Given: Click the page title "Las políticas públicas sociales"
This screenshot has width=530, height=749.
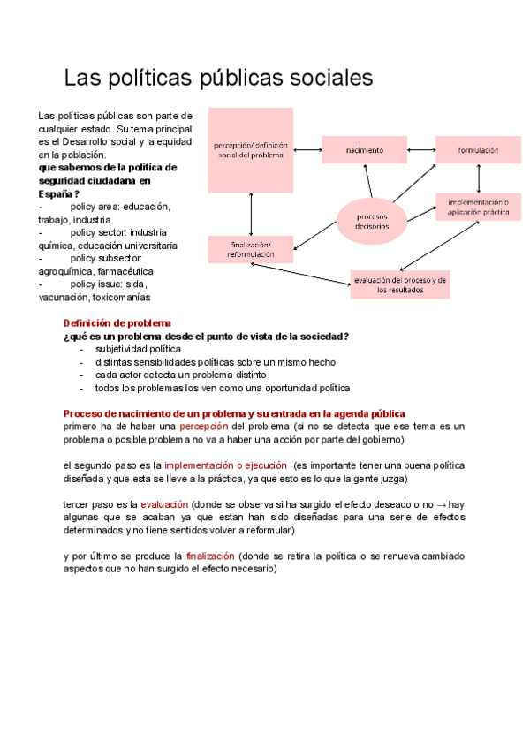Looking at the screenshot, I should (218, 78).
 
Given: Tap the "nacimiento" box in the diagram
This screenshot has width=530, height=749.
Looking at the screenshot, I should (364, 150).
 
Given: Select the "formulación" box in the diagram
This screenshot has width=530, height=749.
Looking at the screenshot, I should (478, 150).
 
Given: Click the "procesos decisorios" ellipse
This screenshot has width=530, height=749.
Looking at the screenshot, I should (371, 220).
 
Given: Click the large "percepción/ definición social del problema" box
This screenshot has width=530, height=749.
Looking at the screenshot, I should (251, 149).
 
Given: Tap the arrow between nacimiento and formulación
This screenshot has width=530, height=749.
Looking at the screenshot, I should (420, 150).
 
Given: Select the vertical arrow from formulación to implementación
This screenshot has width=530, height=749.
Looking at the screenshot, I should (478, 179).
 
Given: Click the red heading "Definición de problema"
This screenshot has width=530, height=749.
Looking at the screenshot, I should (117, 323).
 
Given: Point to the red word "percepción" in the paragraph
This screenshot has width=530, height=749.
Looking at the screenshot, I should (204, 427).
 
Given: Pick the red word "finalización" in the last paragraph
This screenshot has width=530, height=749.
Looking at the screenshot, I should (210, 556).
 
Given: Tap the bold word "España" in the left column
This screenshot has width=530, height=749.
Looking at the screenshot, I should (55, 193).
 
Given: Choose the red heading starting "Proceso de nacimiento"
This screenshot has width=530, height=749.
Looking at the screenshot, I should (234, 413).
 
